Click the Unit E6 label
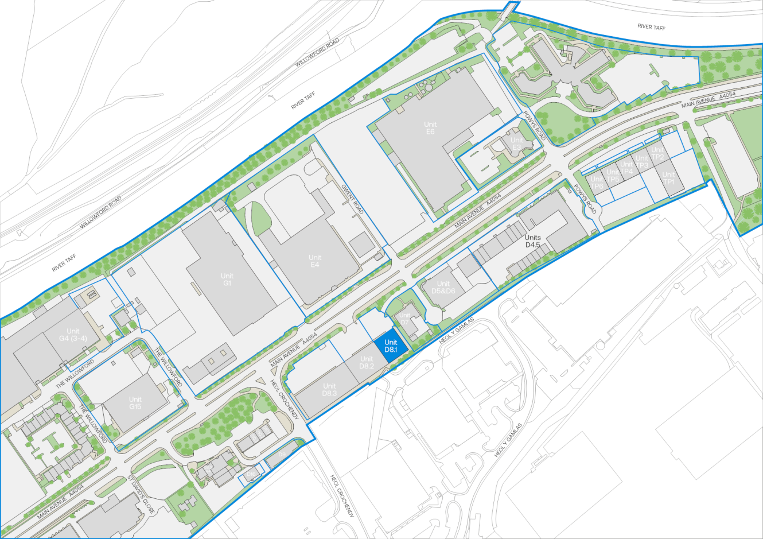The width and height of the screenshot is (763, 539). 430,128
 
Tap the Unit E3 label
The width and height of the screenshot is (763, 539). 517,144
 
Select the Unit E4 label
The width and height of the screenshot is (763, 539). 315,261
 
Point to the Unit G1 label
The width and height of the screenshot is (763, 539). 227,280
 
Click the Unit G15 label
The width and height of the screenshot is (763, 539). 135,403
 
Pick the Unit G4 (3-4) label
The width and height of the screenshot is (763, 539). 73,335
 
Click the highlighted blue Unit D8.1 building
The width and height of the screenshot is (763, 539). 391,346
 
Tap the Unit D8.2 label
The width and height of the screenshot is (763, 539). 367,363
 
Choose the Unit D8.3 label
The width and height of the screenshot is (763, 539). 329,390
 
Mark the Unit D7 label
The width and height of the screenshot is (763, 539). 405,319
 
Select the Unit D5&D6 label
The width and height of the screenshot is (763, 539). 443,288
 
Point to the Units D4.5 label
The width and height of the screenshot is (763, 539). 533,241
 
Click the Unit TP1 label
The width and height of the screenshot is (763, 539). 668,179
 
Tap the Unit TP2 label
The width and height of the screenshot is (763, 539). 657,154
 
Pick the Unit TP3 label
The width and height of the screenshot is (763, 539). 642,162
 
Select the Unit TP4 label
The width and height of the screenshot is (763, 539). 626,168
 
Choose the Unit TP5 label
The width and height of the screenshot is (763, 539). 613,176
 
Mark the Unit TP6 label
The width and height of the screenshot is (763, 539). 597,183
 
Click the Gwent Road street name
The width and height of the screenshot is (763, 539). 352,199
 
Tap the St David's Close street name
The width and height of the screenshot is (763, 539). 141,494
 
